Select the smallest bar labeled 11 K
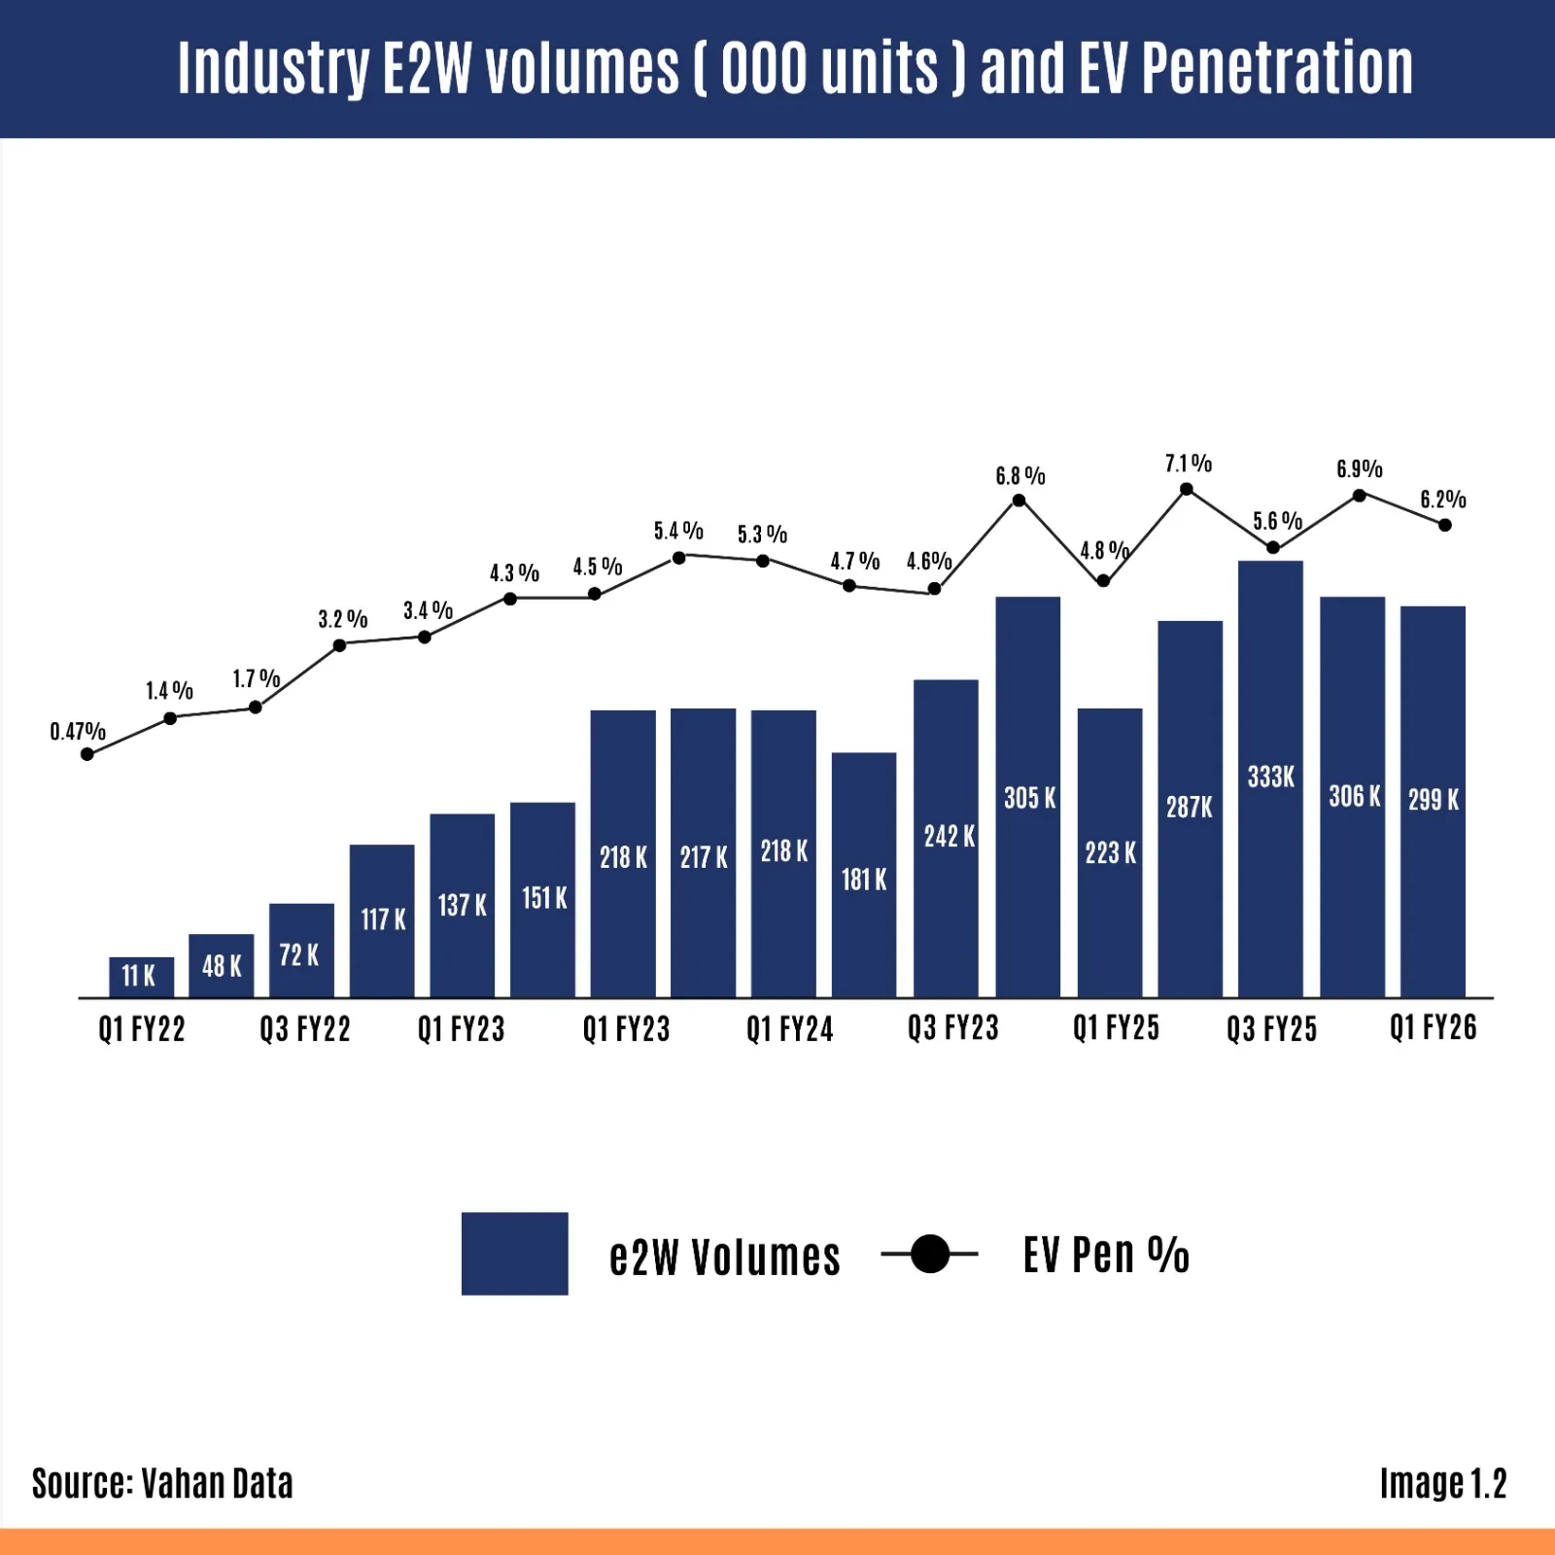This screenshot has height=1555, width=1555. click(x=142, y=977)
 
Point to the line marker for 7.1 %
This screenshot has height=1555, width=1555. click(x=1187, y=489)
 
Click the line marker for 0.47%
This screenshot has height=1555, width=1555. click(x=87, y=754)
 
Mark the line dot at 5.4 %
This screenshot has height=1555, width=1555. click(x=679, y=558)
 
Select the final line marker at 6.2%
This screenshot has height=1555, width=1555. click(x=1445, y=525)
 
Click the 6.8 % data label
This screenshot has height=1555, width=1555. click(x=1019, y=476)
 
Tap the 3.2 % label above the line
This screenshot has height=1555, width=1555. click(x=342, y=619)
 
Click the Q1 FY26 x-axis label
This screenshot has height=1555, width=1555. click(x=1433, y=1028)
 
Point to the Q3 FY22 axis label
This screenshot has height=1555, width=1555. click(x=304, y=1029)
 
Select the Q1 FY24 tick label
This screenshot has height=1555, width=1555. click(x=789, y=1029)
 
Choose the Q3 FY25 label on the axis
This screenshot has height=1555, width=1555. click(x=1271, y=1029)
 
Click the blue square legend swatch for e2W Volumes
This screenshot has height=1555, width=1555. click(x=514, y=1254)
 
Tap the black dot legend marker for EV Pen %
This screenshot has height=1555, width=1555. click(x=930, y=1254)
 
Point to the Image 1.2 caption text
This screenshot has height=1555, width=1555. click(x=1442, y=1483)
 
